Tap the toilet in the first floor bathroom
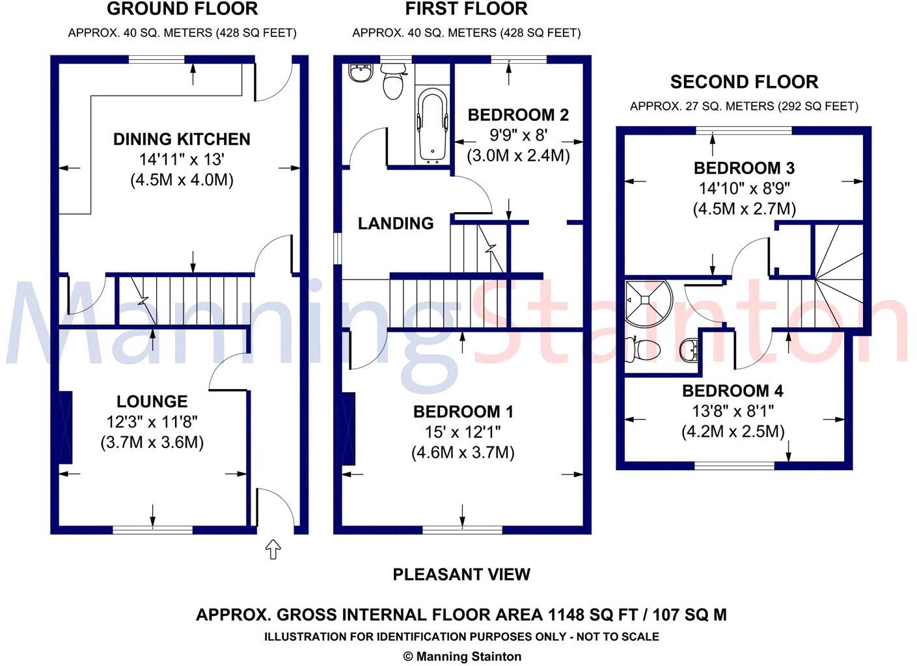tap(392, 82)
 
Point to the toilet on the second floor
tap(643, 349)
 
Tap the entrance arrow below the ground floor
tap(273, 548)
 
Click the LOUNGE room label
tap(152, 401)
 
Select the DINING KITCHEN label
tap(182, 139)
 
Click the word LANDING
tap(396, 223)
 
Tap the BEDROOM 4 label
tap(733, 391)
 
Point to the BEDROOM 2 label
tap(518, 115)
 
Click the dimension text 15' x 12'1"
tap(463, 432)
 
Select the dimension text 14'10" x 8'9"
tap(745, 188)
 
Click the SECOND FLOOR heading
tap(745, 82)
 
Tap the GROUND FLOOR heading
tap(183, 8)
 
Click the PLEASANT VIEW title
tap(461, 574)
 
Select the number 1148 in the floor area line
tap(566, 615)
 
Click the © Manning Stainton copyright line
tap(462, 656)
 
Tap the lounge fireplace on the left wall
tap(66, 427)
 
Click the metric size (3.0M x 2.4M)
tap(518, 156)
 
